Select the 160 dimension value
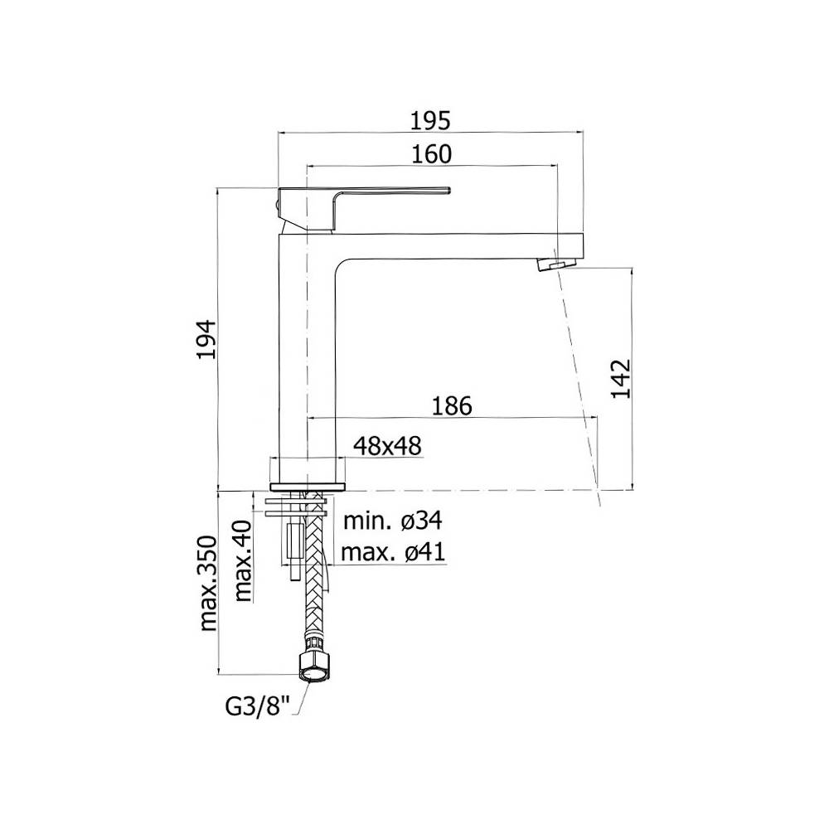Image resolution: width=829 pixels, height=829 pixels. (x=431, y=154)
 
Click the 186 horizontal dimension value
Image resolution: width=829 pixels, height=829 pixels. (x=452, y=406)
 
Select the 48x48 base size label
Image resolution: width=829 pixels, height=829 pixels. (x=387, y=445)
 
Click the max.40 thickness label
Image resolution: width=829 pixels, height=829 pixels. (x=243, y=560)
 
